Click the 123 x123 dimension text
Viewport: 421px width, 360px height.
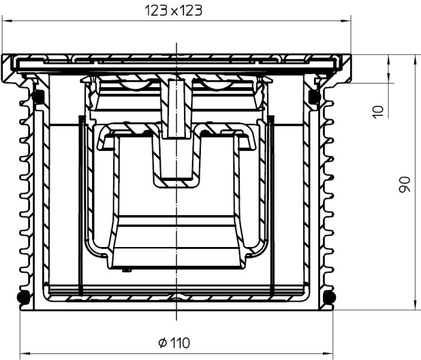pyautogui.click(x=173, y=11)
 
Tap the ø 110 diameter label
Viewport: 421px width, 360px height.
pyautogui.click(x=174, y=343)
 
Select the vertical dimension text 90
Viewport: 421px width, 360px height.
pyautogui.click(x=405, y=185)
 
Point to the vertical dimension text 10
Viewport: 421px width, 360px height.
pyautogui.click(x=378, y=112)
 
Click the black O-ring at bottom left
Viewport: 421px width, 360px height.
pyautogui.click(x=23, y=297)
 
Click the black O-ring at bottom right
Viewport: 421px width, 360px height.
pyautogui.click(x=330, y=297)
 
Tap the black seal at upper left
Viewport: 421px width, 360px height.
pyautogui.click(x=38, y=97)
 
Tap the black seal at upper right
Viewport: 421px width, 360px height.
pyautogui.click(x=314, y=97)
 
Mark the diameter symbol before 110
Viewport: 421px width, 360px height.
pyautogui.click(x=163, y=343)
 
